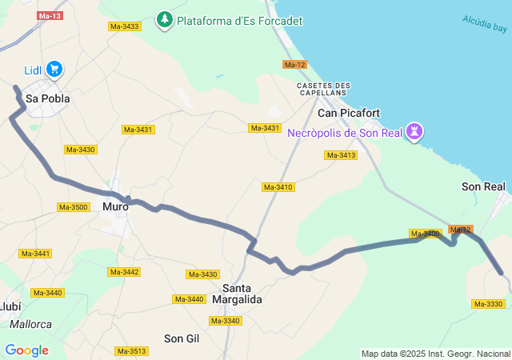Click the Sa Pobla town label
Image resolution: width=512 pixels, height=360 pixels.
pyautogui.click(x=48, y=99)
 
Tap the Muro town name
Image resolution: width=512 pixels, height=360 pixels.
pyautogui.click(x=115, y=206)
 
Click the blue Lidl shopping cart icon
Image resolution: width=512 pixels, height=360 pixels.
pyautogui.click(x=54, y=70)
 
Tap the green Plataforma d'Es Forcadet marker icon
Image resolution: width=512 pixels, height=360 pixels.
pyautogui.click(x=165, y=18)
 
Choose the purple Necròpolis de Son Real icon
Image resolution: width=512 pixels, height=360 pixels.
pyautogui.click(x=414, y=130)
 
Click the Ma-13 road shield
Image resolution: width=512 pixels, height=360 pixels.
pyautogui.click(x=50, y=16)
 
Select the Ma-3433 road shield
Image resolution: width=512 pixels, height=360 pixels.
pyautogui.click(x=124, y=26)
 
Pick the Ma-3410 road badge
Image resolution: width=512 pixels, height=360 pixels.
pyautogui.click(x=278, y=187)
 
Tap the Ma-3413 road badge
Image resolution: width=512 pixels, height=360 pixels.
pyautogui.click(x=340, y=155)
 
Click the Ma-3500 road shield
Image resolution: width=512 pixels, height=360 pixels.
pyautogui.click(x=73, y=207)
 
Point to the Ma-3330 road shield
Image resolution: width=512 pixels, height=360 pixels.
pyautogui.click(x=488, y=304)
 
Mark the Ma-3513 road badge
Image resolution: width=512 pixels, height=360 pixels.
pyautogui.click(x=131, y=351)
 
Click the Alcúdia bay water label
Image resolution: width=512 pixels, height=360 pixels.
pyautogui.click(x=484, y=23)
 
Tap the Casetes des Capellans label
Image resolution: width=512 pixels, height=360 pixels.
pyautogui.click(x=323, y=90)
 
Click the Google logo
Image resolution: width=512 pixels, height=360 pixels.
pyautogui.click(x=26, y=350)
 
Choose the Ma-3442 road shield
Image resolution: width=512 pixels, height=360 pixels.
pyautogui.click(x=124, y=272)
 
